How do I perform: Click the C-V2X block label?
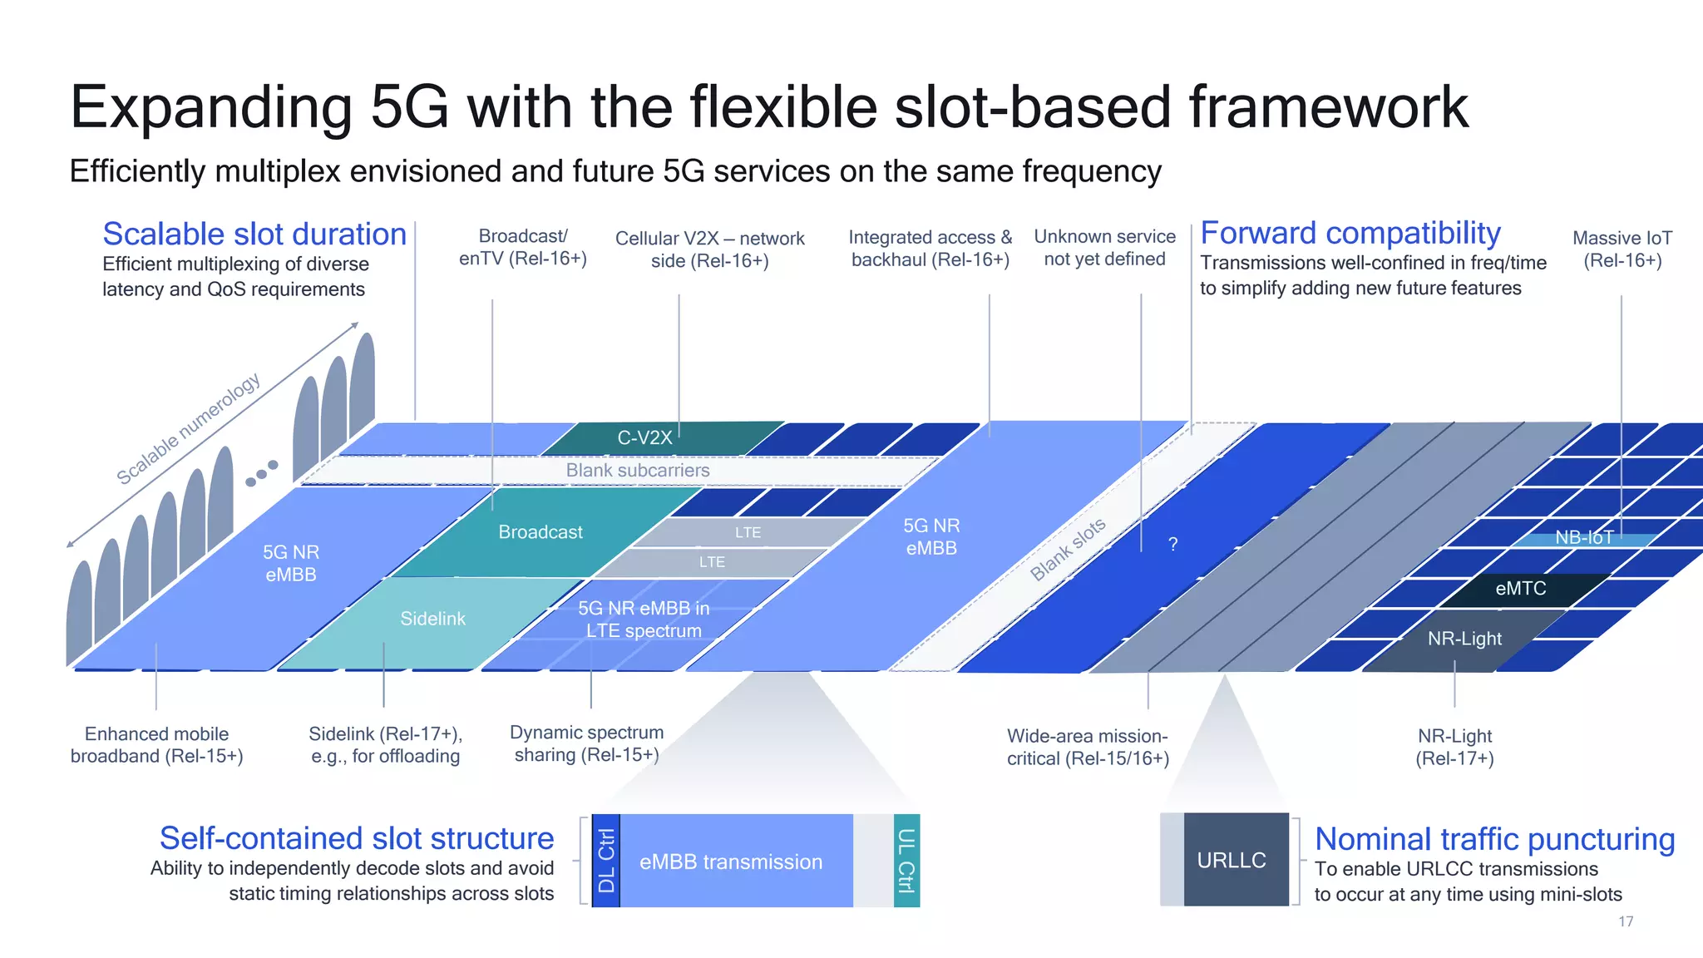(x=644, y=437)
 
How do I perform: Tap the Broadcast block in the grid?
(x=541, y=532)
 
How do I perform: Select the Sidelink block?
(x=432, y=619)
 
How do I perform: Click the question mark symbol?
(x=1172, y=545)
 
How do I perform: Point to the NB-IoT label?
(x=1584, y=538)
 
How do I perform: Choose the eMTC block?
(x=1520, y=589)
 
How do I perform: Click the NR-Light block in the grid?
(x=1464, y=639)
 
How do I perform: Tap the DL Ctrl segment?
(x=606, y=860)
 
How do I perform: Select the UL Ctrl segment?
(x=906, y=860)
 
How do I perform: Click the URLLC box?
(x=1232, y=860)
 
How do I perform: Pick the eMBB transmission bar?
(x=732, y=862)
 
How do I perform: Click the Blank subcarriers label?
(x=638, y=471)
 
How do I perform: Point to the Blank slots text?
(x=1068, y=549)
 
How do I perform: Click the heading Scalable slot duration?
(x=254, y=235)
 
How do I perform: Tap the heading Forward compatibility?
(x=1350, y=234)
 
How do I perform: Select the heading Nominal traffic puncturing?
(x=1494, y=839)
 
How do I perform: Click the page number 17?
(x=1626, y=921)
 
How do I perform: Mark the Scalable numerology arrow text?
(x=188, y=428)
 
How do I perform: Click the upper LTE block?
(x=748, y=532)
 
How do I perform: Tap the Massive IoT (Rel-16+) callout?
(x=1622, y=249)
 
